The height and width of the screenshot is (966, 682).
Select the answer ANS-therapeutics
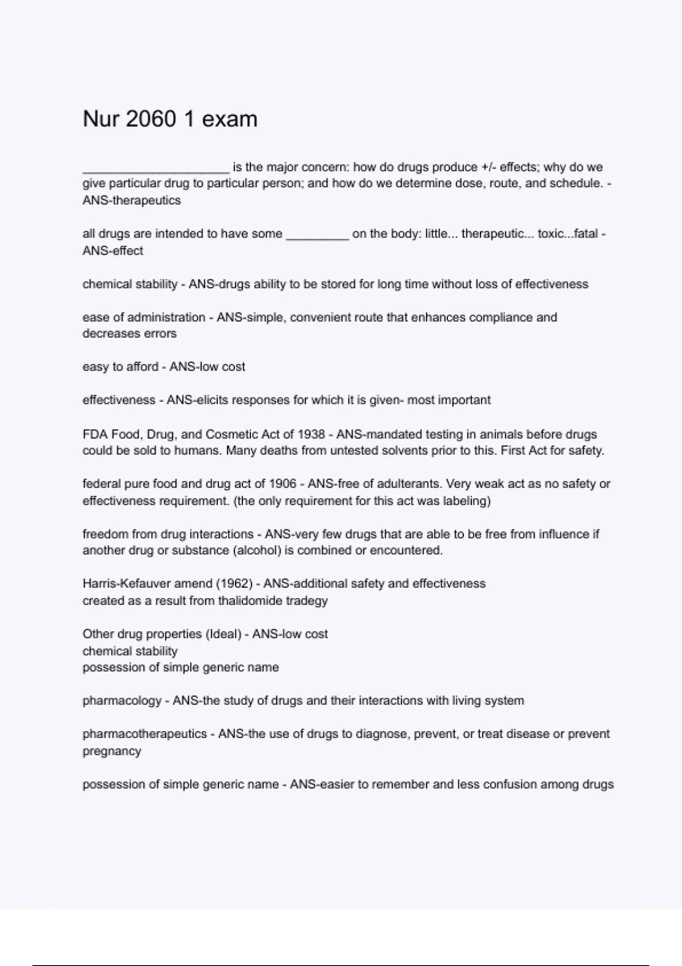[x=131, y=200]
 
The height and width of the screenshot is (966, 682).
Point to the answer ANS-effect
[x=113, y=251]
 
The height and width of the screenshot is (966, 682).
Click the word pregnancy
[x=111, y=751]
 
